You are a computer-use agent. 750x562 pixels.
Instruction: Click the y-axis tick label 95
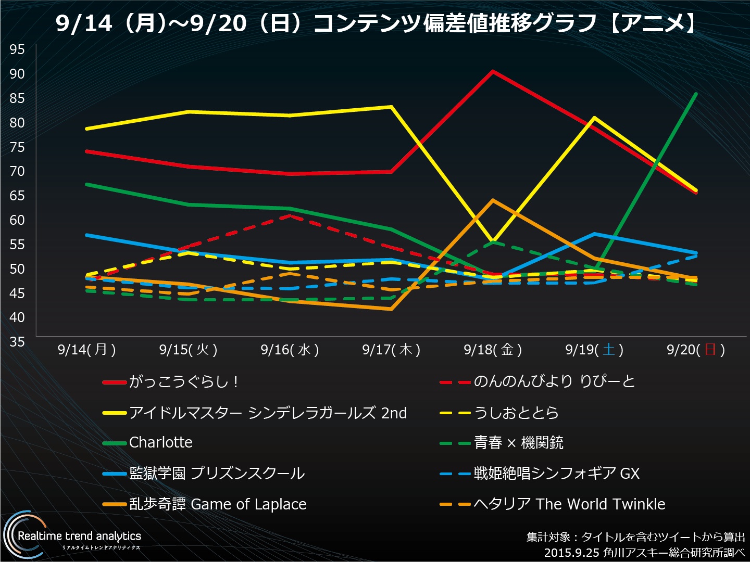click(17, 49)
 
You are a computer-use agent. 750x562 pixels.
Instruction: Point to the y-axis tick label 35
click(17, 342)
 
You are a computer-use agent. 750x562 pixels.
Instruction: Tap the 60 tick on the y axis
click(17, 220)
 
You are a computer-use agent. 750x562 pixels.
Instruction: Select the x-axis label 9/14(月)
click(86, 350)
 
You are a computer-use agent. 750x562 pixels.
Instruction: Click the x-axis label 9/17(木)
click(391, 350)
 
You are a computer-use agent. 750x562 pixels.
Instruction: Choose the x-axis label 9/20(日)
click(696, 350)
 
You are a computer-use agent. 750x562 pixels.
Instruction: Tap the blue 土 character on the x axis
click(608, 349)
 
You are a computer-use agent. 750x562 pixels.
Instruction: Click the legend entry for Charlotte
click(160, 443)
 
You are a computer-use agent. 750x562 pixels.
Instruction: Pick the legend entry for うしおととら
click(516, 413)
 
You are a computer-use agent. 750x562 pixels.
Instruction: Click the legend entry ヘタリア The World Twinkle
click(569, 504)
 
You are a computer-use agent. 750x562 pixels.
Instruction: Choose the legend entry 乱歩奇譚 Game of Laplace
click(217, 504)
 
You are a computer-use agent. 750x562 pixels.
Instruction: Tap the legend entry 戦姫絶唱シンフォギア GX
click(556, 474)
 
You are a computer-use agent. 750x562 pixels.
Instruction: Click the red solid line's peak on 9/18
click(493, 71)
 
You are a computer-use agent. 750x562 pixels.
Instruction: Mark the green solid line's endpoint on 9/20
click(696, 94)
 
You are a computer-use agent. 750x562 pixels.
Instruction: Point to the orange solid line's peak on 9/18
click(493, 200)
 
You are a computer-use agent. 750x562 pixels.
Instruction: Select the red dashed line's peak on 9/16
click(290, 215)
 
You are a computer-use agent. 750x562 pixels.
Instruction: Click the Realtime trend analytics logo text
click(79, 536)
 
